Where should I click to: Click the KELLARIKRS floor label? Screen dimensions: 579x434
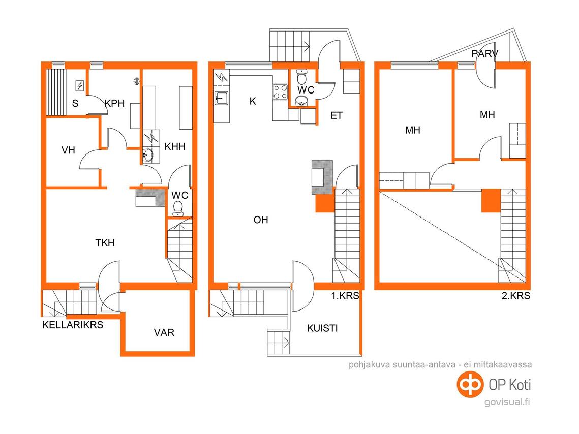[73, 325]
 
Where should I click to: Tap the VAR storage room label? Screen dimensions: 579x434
[164, 332]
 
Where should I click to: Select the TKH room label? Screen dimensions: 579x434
[105, 243]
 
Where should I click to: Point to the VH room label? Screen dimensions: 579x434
[68, 150]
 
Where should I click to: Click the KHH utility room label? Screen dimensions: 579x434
[175, 146]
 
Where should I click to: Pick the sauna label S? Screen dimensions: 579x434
[75, 103]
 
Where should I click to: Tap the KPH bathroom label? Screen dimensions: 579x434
[114, 103]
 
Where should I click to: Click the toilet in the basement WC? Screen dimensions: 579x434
[178, 208]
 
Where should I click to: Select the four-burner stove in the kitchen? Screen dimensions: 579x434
[280, 92]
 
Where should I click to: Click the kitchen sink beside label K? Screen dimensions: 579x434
[221, 98]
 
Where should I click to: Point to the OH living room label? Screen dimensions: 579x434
[261, 220]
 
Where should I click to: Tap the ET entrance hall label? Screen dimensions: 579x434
[337, 116]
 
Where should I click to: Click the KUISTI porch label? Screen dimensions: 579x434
[322, 328]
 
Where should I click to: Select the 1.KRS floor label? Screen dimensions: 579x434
[345, 296]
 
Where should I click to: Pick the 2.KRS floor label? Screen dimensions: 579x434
[516, 296]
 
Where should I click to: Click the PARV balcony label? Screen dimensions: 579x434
[485, 54]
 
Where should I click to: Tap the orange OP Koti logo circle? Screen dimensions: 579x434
[470, 385]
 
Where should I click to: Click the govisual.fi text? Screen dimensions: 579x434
[507, 402]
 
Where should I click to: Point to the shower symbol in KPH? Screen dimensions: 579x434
[136, 81]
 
